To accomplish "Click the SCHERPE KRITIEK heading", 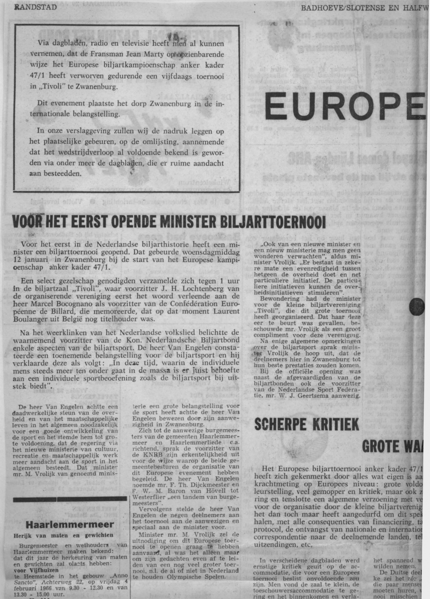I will (306, 425).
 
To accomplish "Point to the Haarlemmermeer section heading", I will (70, 524).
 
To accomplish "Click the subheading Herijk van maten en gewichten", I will (63, 535).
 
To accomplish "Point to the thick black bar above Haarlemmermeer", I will (70, 499).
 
